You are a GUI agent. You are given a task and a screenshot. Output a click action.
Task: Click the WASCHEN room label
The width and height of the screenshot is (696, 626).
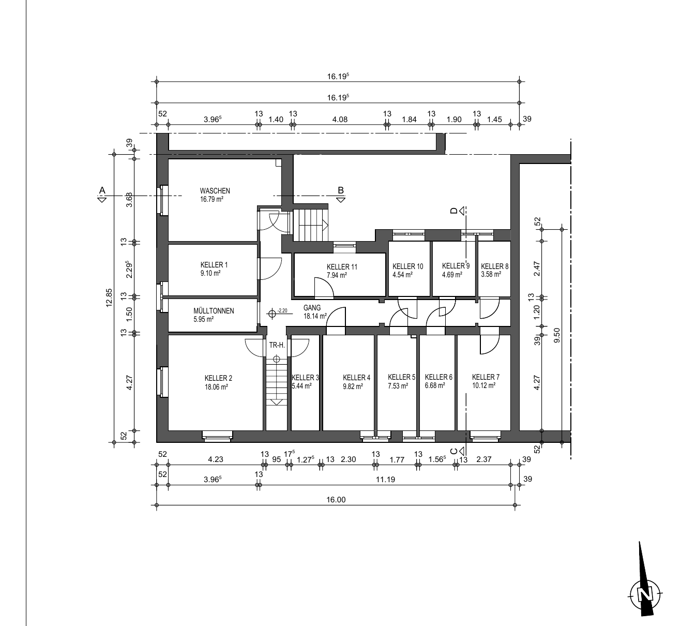(215, 190)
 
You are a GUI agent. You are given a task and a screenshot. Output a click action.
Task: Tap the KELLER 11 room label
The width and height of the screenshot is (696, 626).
(342, 266)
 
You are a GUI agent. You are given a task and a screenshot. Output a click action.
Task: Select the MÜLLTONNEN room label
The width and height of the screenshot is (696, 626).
(214, 311)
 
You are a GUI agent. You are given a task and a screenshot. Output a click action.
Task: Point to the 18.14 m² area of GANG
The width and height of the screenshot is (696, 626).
(315, 316)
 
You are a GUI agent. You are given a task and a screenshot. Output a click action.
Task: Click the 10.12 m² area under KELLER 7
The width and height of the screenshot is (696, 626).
(483, 385)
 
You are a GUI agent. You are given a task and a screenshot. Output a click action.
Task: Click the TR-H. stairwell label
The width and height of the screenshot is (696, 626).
(277, 345)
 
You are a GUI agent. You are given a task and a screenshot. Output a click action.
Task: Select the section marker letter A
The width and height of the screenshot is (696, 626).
(102, 190)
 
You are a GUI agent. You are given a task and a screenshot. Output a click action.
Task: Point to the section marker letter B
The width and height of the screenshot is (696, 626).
(341, 190)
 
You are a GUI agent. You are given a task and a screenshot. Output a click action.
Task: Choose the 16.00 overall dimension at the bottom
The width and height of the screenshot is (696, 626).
(336, 499)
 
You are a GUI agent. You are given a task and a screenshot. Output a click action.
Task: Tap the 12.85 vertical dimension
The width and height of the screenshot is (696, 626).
(109, 297)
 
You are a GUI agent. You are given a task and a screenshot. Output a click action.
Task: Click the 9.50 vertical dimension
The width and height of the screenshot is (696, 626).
(556, 335)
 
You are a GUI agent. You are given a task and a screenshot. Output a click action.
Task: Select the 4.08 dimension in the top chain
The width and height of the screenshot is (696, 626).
(340, 120)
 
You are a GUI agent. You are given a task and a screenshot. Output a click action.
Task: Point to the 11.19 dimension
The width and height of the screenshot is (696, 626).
(385, 480)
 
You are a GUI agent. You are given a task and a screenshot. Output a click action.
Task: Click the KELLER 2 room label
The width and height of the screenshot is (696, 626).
(218, 378)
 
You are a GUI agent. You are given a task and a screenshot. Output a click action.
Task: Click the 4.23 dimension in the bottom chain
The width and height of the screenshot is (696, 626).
(216, 459)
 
